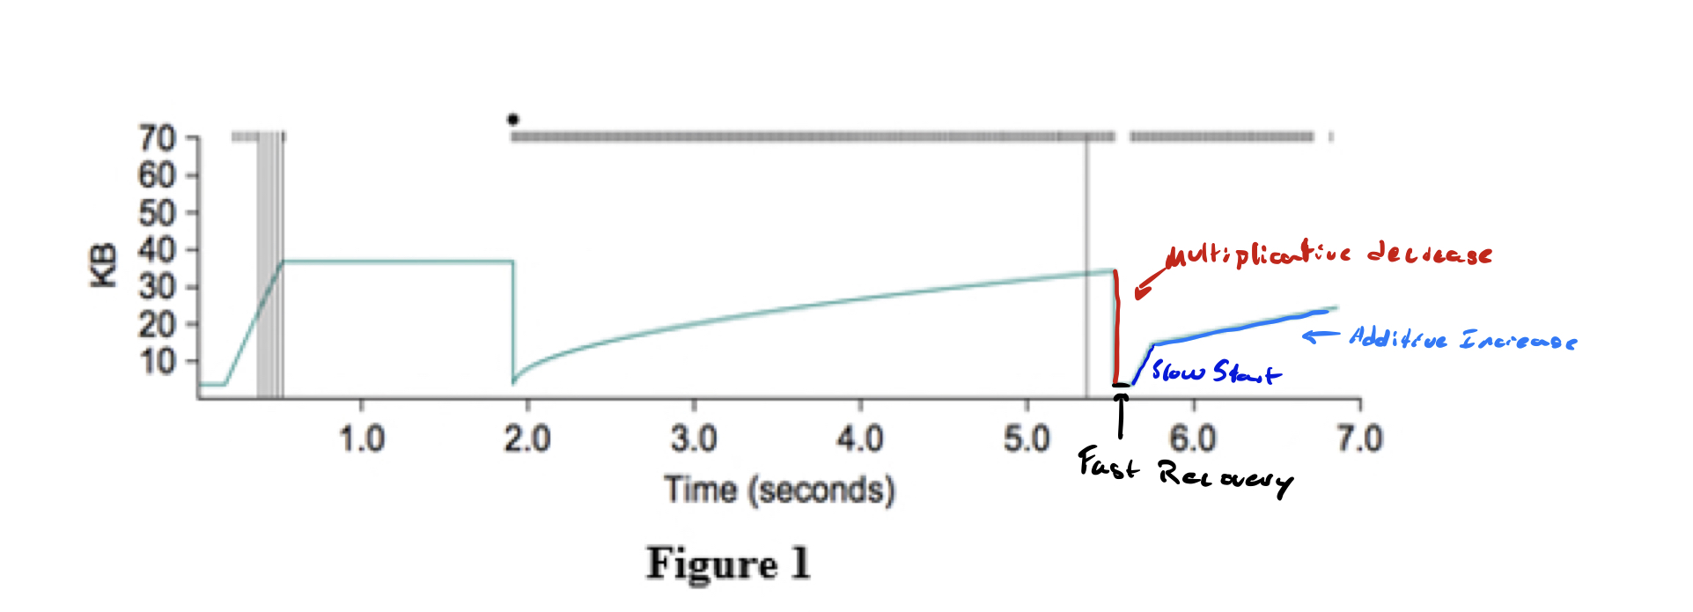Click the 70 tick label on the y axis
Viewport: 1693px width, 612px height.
point(157,138)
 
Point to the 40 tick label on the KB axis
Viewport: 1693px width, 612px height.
point(157,250)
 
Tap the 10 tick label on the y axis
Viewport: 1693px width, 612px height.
point(157,361)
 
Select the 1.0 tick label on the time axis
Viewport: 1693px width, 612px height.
point(362,438)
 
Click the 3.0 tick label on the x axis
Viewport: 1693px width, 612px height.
point(694,438)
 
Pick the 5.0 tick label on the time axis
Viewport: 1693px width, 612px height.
point(1027,438)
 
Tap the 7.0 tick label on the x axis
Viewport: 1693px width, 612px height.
point(1359,438)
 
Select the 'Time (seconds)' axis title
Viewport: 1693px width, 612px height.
point(779,490)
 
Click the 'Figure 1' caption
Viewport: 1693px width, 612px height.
point(728,564)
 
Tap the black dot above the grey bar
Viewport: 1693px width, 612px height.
point(513,119)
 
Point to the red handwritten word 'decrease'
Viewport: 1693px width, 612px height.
point(1430,254)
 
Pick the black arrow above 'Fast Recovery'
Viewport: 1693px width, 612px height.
point(1121,416)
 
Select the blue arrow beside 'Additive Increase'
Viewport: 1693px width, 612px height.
point(1320,336)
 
